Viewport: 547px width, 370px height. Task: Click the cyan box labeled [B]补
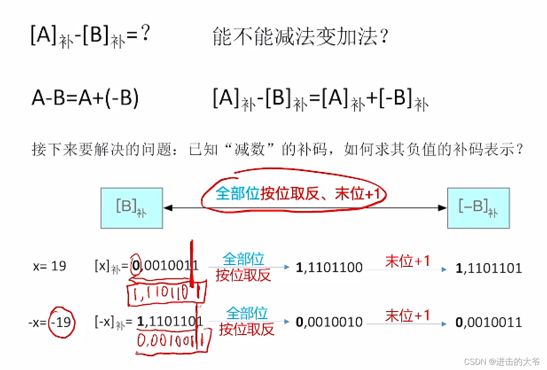(132, 208)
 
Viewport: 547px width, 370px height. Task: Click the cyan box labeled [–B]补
(478, 208)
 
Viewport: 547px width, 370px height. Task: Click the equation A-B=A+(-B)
(85, 98)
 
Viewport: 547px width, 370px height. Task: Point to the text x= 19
(50, 266)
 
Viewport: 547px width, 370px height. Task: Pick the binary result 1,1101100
(329, 267)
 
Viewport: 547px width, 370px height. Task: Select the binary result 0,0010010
(329, 322)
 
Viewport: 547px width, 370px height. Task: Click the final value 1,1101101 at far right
(489, 268)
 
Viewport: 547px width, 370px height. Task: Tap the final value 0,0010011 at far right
(489, 322)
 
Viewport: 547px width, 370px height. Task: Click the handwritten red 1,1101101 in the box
(167, 293)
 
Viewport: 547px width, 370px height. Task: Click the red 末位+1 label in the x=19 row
(407, 261)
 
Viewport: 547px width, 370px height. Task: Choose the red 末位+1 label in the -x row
(407, 315)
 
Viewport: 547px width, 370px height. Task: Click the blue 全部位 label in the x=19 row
(243, 259)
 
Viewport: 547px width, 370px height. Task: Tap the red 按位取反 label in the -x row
(247, 329)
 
